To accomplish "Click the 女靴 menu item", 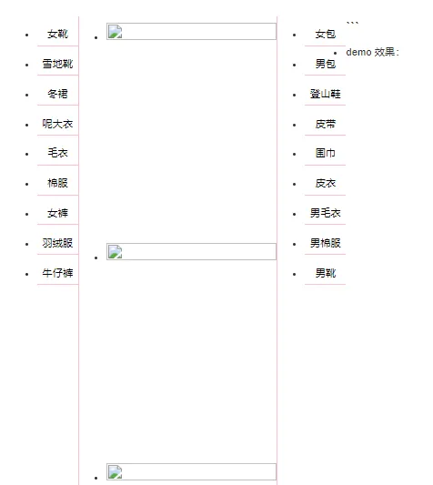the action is coord(57,34).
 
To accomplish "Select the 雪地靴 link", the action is coord(57,64).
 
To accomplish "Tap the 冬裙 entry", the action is coord(57,94).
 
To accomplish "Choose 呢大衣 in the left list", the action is coord(57,124).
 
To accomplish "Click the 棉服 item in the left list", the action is coord(57,183).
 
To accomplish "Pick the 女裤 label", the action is coord(57,213).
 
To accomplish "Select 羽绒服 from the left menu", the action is coord(57,243).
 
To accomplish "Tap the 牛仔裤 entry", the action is coord(57,273).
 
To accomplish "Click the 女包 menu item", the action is coord(326,34).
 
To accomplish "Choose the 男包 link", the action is coord(326,64).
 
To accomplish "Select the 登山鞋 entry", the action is coord(326,94).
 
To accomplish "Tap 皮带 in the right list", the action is coord(326,124).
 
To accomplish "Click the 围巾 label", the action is coord(326,153).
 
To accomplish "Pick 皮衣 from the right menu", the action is coord(326,183).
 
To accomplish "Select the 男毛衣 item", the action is coord(326,213).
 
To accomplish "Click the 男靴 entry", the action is coord(326,273).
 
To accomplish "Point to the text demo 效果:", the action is coord(372,52).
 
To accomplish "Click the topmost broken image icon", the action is coord(115,32).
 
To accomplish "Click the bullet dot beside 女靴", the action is coord(27,35).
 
